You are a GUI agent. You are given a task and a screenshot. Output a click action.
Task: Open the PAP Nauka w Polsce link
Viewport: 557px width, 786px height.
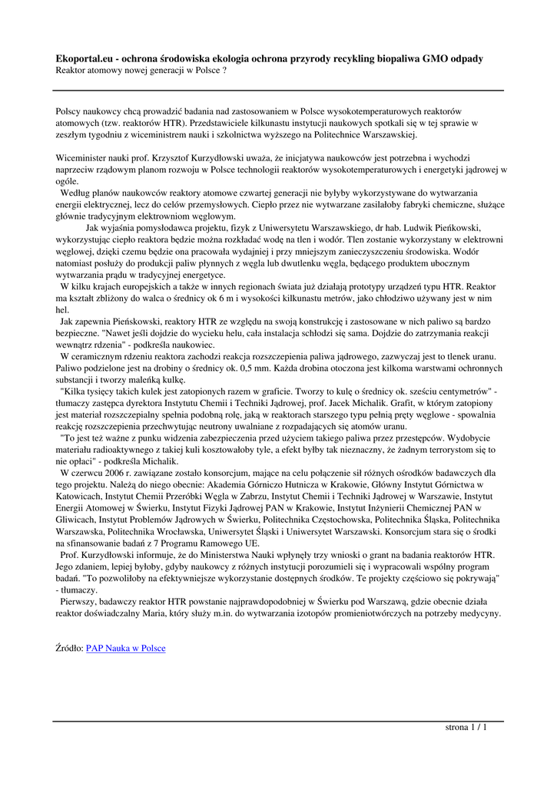point(125,648)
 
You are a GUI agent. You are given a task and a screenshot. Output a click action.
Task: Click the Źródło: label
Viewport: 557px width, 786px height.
point(69,648)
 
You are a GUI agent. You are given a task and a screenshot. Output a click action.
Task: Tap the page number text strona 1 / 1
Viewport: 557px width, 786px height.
point(466,727)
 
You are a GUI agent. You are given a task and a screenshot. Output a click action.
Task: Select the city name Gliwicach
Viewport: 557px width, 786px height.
point(76,518)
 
